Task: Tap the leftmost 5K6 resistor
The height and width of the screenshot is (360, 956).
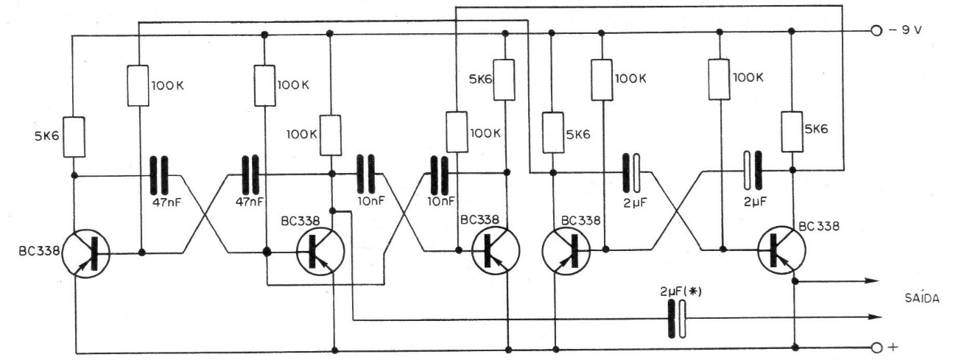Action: pos(74,137)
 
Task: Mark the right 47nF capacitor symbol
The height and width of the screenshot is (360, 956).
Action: pos(252,175)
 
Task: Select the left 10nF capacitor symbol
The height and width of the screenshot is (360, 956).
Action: pos(366,175)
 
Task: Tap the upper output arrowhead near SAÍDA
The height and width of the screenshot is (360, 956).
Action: pos(874,280)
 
